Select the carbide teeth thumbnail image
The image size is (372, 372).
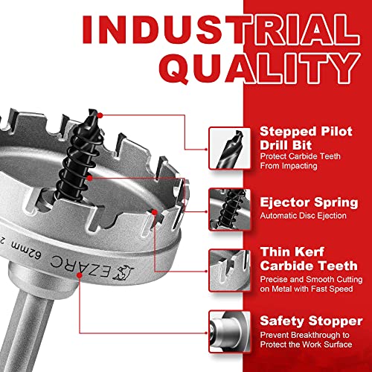tap(226, 267)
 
